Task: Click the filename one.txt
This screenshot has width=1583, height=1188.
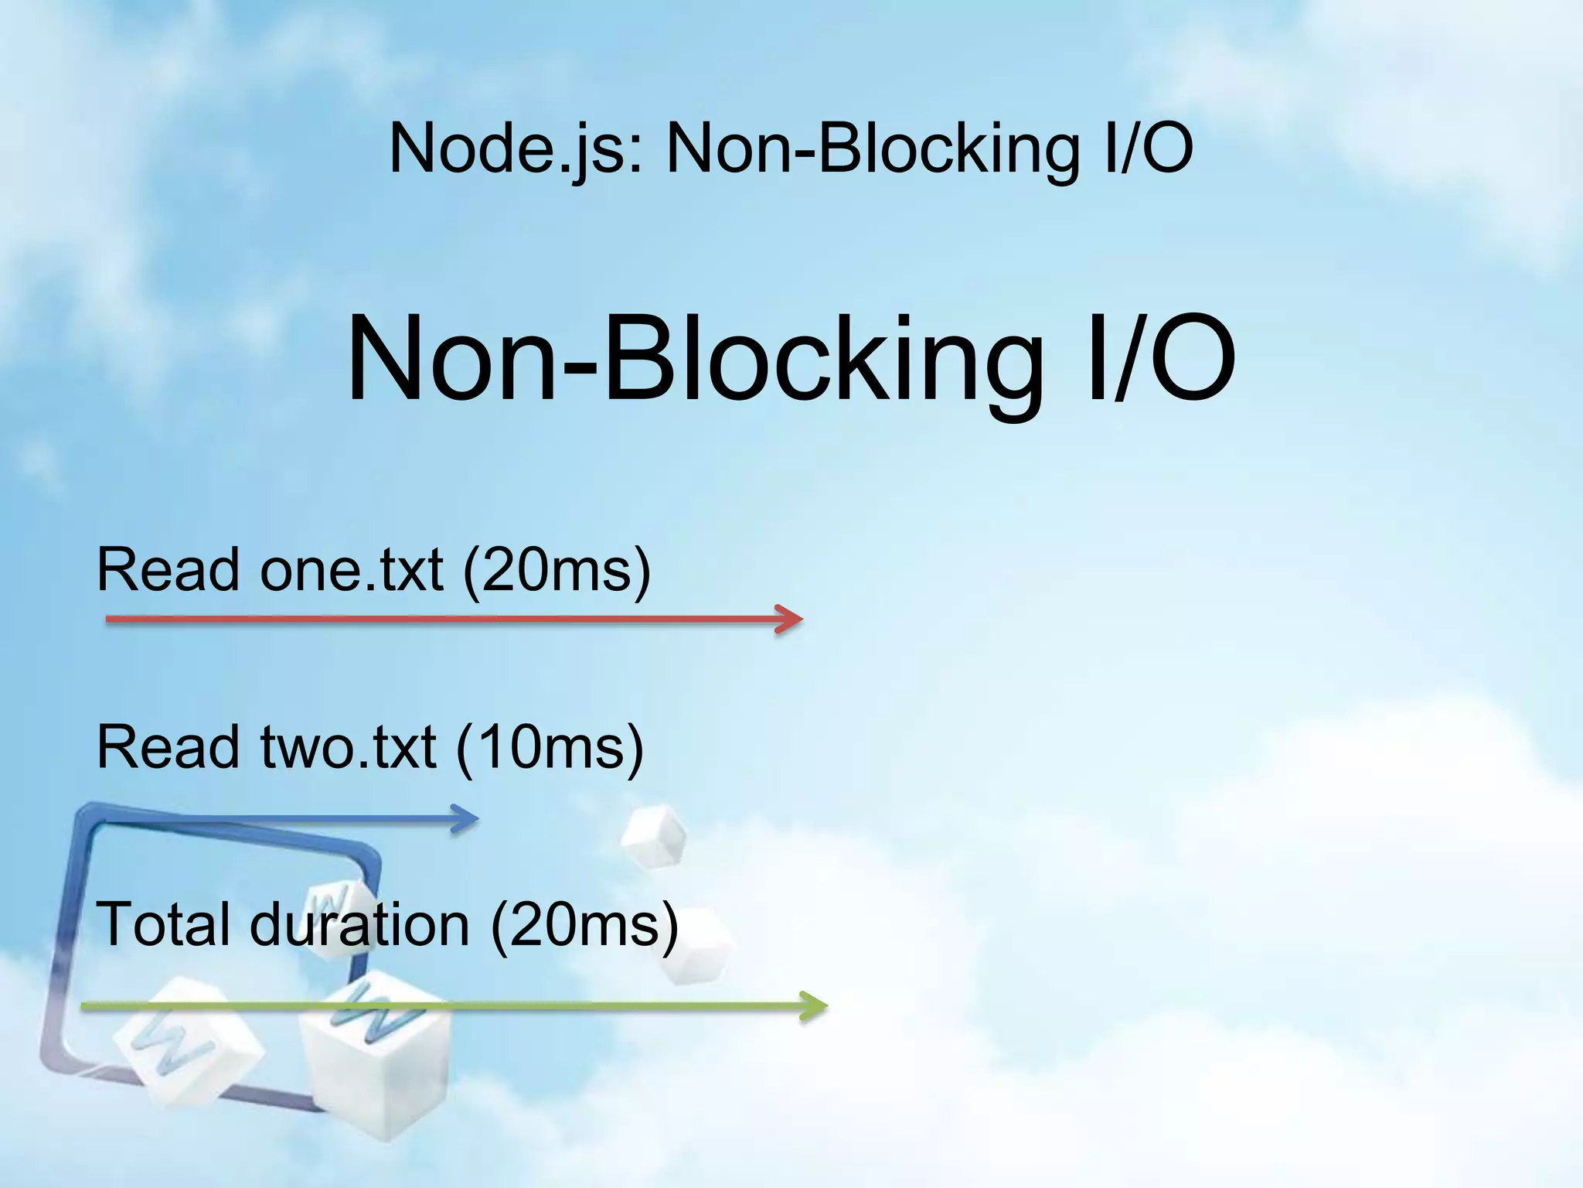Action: pyautogui.click(x=352, y=570)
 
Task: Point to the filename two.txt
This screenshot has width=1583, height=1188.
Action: pyautogui.click(x=349, y=747)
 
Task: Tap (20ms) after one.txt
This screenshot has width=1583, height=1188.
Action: pyautogui.click(x=557, y=570)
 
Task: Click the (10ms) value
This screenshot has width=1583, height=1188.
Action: pyautogui.click(x=550, y=747)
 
